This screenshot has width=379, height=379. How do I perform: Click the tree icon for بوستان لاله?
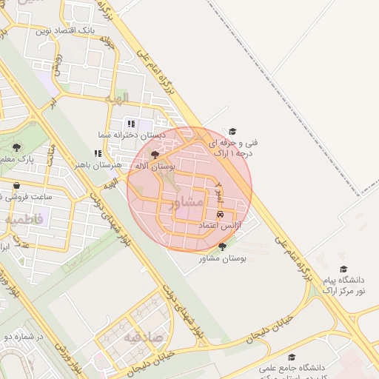click(x=155, y=155)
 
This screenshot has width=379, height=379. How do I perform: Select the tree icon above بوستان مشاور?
click(x=222, y=246)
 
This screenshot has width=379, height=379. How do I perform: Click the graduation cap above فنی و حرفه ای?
click(x=232, y=132)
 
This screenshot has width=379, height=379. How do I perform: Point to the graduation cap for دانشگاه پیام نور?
click(x=343, y=269)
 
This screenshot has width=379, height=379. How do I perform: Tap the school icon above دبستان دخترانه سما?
click(x=131, y=124)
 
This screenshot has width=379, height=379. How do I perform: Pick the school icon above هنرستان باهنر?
click(x=98, y=153)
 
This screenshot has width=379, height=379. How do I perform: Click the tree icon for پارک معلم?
click(x=16, y=147)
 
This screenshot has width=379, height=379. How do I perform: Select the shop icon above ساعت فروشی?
click(x=16, y=185)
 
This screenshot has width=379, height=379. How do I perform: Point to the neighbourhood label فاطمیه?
click(x=24, y=220)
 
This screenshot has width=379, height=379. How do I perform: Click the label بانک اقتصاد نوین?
click(x=64, y=31)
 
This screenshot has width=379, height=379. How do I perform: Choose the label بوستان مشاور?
click(x=222, y=258)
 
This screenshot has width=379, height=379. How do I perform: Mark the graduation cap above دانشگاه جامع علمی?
click(x=292, y=357)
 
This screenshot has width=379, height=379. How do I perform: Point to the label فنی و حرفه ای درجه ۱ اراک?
click(x=233, y=147)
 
